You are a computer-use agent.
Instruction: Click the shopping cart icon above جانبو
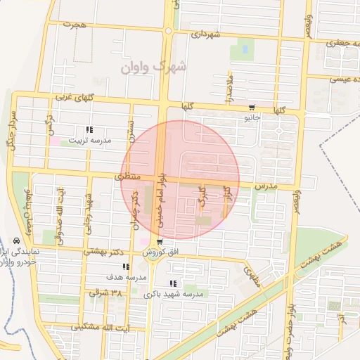pos(252,108)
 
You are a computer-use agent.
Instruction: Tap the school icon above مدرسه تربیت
pos(89,129)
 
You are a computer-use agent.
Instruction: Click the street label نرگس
pos(50,124)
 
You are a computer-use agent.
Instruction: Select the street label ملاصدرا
pos(229,88)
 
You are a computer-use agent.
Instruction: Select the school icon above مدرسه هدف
pos(126,266)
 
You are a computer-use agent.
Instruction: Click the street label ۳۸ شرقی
pos(105,292)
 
